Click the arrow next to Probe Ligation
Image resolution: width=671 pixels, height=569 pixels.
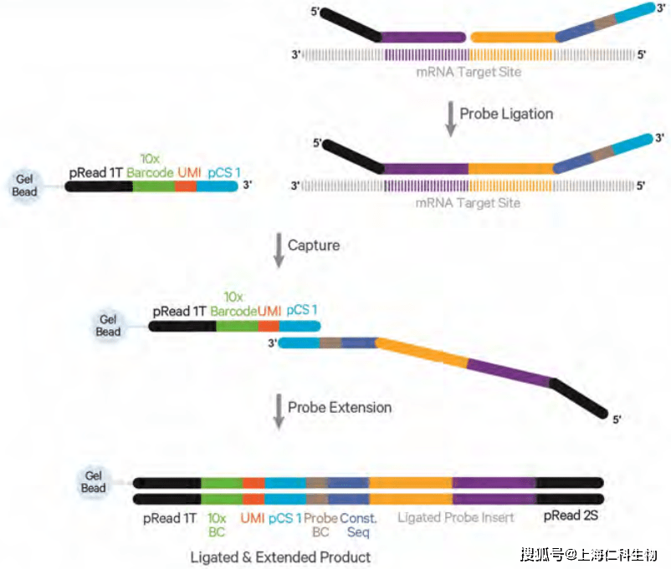tap(450, 119)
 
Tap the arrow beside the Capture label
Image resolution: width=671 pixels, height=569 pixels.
tap(279, 250)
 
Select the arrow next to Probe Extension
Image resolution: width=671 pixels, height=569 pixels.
tap(279, 411)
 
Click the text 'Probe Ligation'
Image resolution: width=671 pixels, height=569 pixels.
tap(506, 114)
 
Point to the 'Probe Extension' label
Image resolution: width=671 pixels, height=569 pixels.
tap(340, 407)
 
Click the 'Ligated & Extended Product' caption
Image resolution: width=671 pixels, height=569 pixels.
tap(280, 557)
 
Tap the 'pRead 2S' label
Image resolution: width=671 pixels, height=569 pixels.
tap(571, 516)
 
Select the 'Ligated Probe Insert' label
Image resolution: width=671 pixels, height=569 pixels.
tap(456, 517)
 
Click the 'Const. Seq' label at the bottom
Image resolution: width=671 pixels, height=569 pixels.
tap(359, 525)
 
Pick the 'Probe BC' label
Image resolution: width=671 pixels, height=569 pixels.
tap(321, 525)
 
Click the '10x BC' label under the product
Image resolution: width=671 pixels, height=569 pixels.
tap(217, 525)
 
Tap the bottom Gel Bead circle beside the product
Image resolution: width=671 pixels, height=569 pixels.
tap(94, 482)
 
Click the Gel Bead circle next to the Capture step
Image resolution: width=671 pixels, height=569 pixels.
tap(108, 326)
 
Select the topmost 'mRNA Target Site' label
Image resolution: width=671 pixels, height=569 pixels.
tap(469, 72)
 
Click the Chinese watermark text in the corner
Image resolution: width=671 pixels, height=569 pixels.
tap(588, 555)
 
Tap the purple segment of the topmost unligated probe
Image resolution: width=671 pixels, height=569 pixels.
tap(423, 38)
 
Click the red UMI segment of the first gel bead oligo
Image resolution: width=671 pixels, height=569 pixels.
tap(186, 186)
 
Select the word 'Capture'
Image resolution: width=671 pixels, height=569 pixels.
tap(314, 246)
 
